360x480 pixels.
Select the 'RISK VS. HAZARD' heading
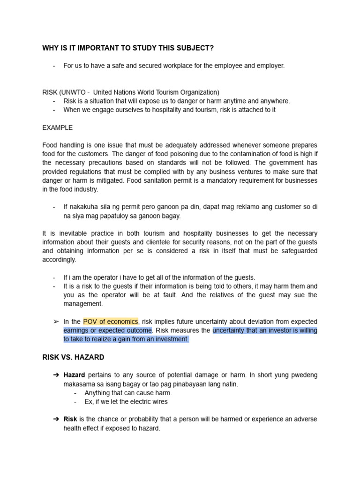click(73, 357)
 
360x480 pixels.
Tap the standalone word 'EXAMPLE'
click(57, 127)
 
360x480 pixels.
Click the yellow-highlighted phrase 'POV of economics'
click(111, 322)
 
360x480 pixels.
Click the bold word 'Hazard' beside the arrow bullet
click(75, 375)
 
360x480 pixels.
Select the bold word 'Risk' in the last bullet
click(70, 419)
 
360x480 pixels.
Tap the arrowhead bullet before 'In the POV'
click(56, 322)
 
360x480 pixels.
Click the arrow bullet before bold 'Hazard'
click(56, 375)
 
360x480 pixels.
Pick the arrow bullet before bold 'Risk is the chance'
click(56, 419)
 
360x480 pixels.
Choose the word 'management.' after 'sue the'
click(83, 304)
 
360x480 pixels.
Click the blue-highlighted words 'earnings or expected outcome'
click(108, 330)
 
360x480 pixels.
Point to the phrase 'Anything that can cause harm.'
click(128, 393)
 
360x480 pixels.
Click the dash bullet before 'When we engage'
click(55, 110)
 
